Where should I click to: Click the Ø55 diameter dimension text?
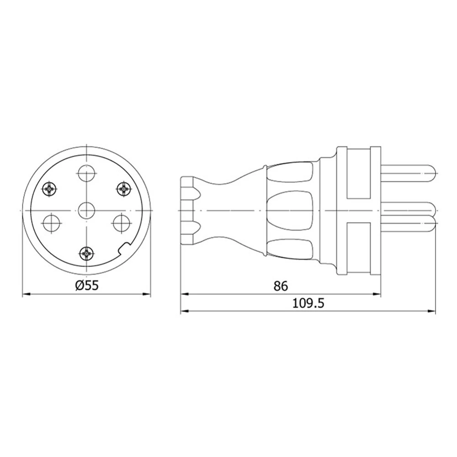click(87, 285)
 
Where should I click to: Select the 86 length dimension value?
click(281, 286)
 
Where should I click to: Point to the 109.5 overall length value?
click(308, 303)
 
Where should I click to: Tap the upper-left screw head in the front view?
click(50, 190)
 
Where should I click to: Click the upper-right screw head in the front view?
click(124, 190)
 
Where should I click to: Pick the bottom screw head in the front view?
click(87, 254)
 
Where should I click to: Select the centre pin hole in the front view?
click(87, 210)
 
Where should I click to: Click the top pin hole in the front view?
click(87, 173)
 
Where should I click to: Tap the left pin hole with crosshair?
click(51, 223)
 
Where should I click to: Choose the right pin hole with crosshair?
click(122, 223)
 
